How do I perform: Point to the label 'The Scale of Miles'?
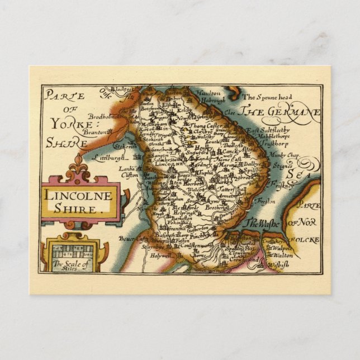pos(70,264)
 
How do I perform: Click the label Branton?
pos(82,126)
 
